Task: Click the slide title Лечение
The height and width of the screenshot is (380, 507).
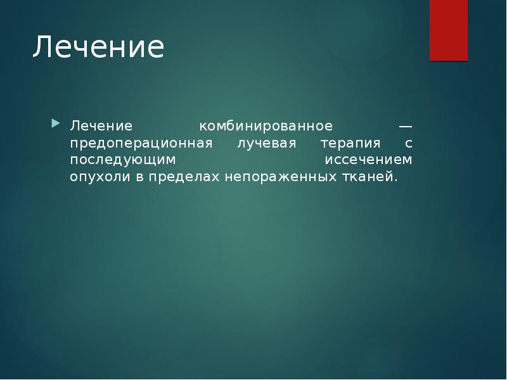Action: pos(98,47)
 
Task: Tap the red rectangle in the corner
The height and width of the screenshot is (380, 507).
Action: pos(449,30)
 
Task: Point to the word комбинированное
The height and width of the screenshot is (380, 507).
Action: pos(266,125)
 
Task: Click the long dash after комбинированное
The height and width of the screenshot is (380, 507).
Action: pos(405,125)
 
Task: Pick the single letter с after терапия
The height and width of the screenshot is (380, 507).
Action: pos(408,144)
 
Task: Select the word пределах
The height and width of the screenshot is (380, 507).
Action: pos(184,177)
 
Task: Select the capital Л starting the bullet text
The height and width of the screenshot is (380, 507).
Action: pos(75,125)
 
